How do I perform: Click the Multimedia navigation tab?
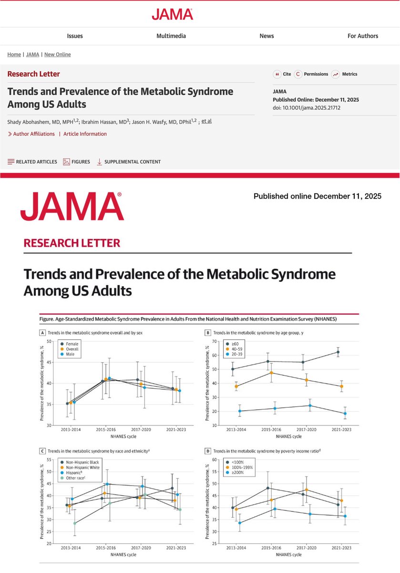pyautogui.click(x=171, y=36)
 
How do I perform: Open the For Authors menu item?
pyautogui.click(x=362, y=36)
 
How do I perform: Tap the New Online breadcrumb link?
pyautogui.click(x=57, y=54)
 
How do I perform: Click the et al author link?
pyautogui.click(x=206, y=121)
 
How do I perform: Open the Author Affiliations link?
pyautogui.click(x=31, y=134)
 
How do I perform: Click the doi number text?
pyautogui.click(x=310, y=107)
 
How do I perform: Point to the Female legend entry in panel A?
pyautogui.click(x=72, y=343)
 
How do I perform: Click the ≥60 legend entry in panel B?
pyautogui.click(x=236, y=343)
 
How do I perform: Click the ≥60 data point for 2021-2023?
pyautogui.click(x=338, y=352)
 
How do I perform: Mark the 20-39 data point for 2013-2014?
pyautogui.click(x=239, y=411)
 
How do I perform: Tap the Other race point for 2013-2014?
pyautogui.click(x=74, y=523)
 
